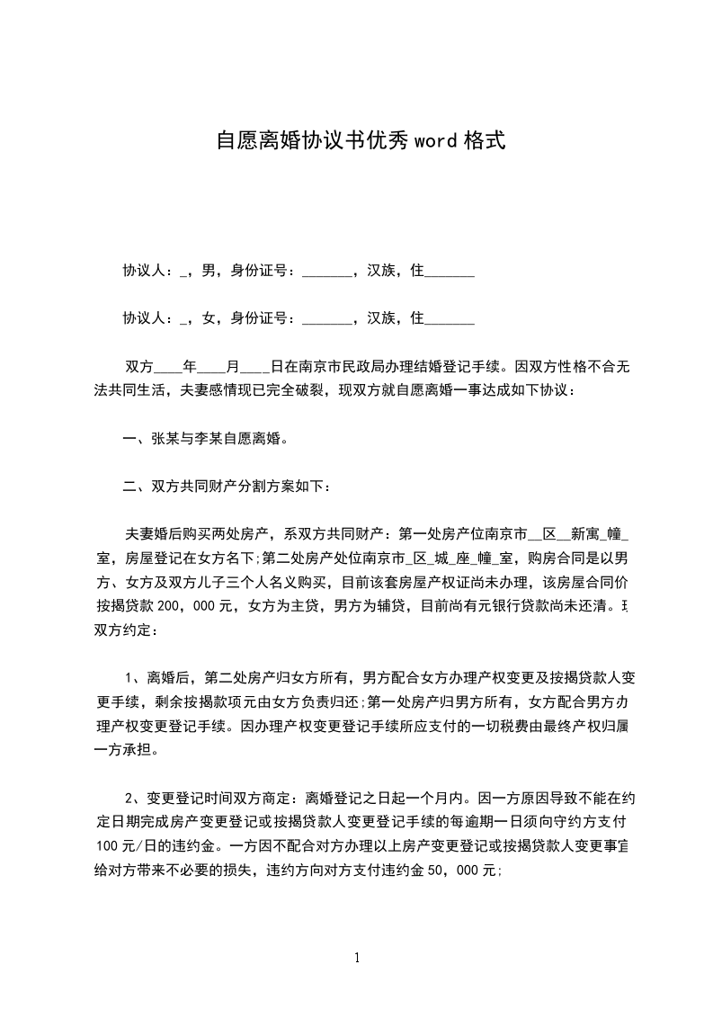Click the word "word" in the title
(435, 140)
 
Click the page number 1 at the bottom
(357, 958)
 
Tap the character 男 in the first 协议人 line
(209, 270)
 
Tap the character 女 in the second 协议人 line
(209, 317)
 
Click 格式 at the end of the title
(482, 140)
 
